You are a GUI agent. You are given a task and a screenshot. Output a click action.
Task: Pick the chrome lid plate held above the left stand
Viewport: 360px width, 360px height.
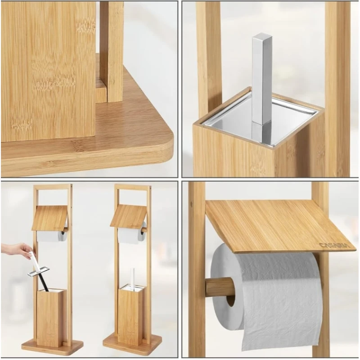39,271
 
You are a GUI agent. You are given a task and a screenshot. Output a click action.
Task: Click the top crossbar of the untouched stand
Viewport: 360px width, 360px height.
133,186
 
